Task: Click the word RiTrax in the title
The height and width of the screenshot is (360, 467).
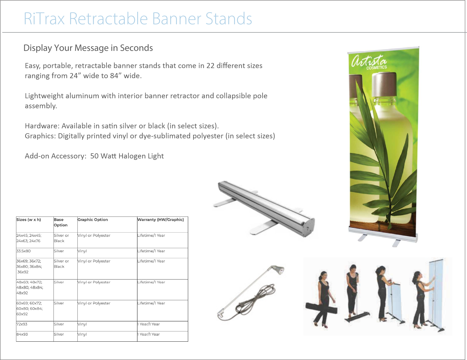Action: point(44,19)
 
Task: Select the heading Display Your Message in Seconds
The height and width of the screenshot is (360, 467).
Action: point(88,48)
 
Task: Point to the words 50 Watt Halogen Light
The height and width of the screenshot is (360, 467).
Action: point(127,156)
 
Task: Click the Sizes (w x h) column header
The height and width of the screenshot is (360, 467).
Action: point(29,220)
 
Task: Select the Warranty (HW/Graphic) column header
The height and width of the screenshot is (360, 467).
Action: point(161,220)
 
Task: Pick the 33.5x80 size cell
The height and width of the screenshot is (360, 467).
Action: point(24,251)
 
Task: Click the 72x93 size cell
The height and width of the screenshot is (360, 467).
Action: point(22,324)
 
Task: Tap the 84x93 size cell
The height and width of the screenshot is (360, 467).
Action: point(22,334)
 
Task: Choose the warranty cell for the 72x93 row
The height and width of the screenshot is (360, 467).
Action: point(149,324)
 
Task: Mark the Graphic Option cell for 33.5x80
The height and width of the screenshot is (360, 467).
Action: point(82,251)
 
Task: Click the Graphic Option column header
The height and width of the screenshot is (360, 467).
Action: point(93,220)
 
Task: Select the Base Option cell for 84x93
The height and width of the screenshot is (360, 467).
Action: point(59,334)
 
